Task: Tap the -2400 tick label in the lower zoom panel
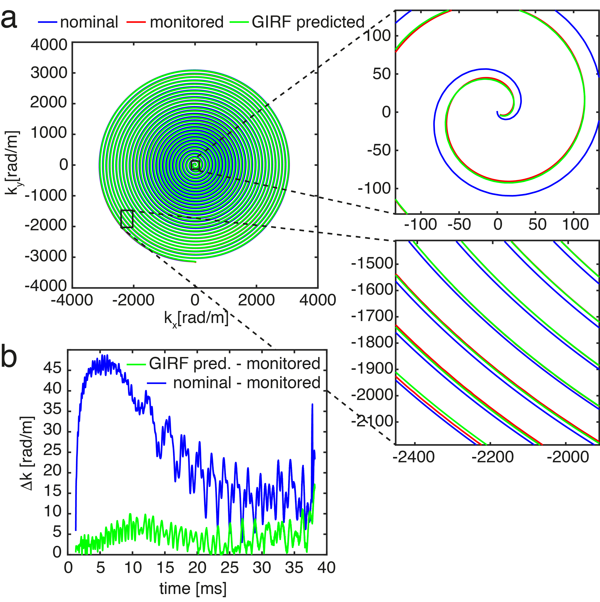click(414, 457)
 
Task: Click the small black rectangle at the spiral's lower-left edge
click(127, 219)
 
